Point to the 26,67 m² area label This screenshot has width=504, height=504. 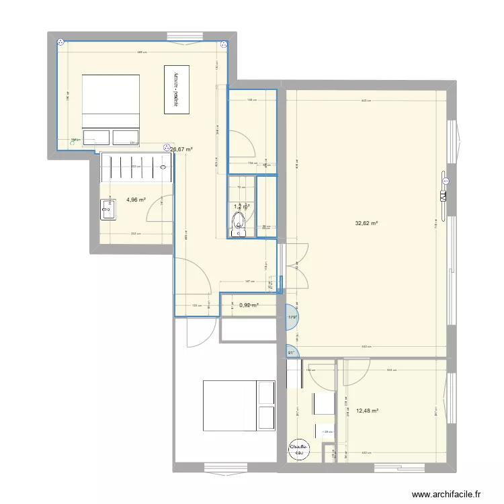(x=181, y=150)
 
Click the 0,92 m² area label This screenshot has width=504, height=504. (x=249, y=305)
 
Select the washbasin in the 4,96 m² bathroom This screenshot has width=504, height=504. (x=108, y=209)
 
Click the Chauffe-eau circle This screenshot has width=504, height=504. (x=298, y=450)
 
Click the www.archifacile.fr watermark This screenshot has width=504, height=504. (x=447, y=494)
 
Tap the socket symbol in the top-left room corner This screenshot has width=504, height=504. (x=62, y=42)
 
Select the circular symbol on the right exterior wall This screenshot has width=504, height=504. (x=445, y=181)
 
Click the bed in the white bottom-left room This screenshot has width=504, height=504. (x=239, y=405)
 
